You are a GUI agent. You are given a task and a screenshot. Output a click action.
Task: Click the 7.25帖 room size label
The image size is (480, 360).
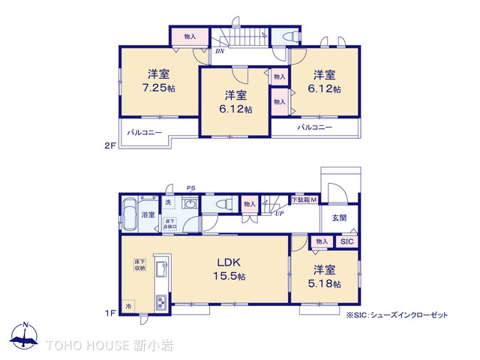click(x=161, y=88)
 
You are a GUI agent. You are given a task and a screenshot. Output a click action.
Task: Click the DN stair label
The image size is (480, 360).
click(x=220, y=51)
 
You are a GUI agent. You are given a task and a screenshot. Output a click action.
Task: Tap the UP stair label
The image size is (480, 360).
click(x=279, y=213)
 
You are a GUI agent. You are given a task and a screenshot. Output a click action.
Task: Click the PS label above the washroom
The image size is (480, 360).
click(x=190, y=188)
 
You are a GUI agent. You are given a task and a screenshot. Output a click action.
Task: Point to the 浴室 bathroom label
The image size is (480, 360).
click(x=148, y=215)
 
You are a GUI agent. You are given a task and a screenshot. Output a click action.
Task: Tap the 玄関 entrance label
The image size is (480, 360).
click(x=340, y=217)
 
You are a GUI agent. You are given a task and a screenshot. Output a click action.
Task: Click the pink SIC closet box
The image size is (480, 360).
click(x=346, y=241)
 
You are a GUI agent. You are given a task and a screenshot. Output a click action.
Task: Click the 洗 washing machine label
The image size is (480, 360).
click(x=168, y=202)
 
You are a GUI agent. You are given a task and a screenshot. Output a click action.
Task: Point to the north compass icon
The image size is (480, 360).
click(x=25, y=338)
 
